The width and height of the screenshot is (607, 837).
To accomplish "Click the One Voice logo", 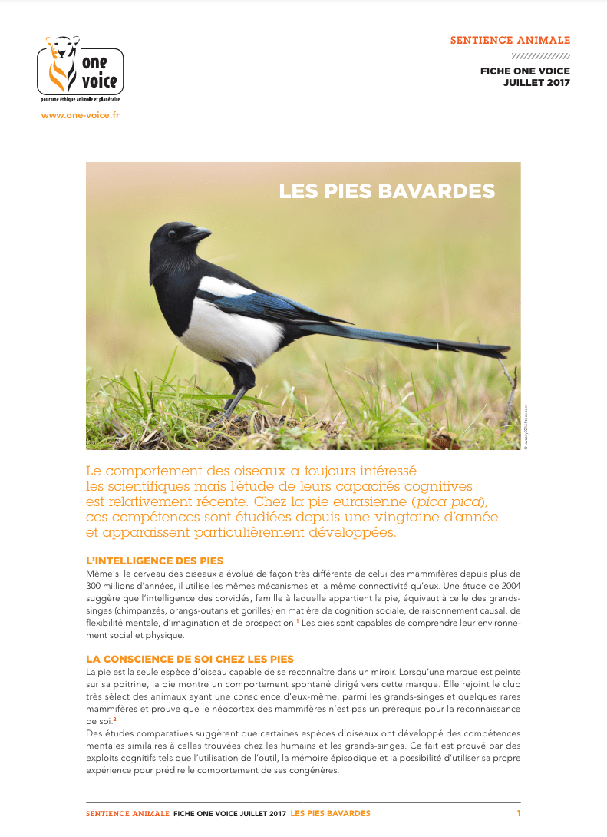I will pos(80,69).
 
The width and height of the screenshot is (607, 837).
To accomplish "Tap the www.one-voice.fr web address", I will pos(80,115).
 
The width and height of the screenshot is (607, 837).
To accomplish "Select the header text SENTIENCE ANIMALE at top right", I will pos(510,40).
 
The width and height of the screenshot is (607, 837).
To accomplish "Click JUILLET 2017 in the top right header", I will pos(536,83).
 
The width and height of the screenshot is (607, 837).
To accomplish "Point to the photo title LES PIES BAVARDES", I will pos(387,190).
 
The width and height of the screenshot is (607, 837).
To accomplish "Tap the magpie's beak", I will pos(198,235).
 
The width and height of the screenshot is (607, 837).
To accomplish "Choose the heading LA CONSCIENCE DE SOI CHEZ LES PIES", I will pos(190,659).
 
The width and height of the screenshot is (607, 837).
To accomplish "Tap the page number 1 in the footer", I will pos(519,813).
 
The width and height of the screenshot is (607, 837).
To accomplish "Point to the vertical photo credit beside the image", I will pos(526,427).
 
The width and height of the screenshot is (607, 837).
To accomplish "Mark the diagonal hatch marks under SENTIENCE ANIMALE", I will pos(540,56).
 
